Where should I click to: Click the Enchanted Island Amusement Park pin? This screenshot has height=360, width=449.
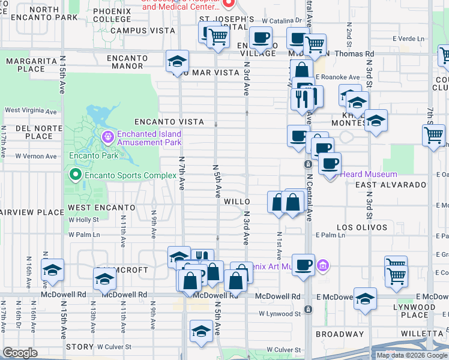pyautogui.click(x=107, y=137)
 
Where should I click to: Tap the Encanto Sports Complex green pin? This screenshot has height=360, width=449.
pyautogui.click(x=75, y=175)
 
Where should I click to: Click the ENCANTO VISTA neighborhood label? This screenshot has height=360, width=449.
pyautogui.click(x=161, y=122)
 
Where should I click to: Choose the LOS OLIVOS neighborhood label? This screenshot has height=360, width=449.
pyautogui.click(x=362, y=227)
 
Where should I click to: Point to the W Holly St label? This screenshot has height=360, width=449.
pyautogui.click(x=83, y=220)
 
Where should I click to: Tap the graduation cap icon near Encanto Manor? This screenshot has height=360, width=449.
pyautogui.click(x=177, y=61)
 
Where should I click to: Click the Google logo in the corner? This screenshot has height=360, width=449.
pyautogui.click(x=20, y=353)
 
